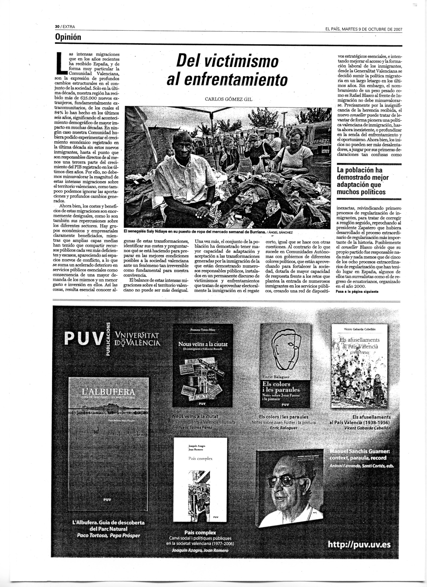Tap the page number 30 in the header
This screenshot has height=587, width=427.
57,26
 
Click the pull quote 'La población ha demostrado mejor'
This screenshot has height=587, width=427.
363,174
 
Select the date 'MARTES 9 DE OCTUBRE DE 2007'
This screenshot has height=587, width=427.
372,29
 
